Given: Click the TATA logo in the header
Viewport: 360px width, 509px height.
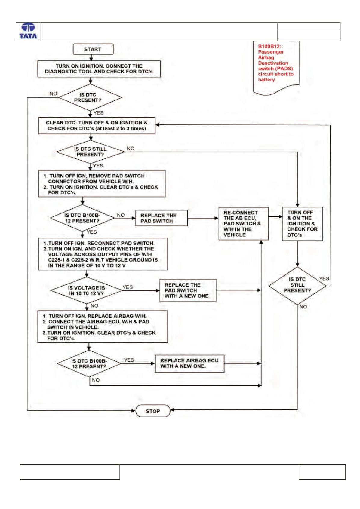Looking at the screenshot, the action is (x=28, y=31).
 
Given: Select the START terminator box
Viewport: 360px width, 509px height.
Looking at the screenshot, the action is (x=93, y=49).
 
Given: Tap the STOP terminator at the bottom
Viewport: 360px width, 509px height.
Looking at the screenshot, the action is (x=153, y=411).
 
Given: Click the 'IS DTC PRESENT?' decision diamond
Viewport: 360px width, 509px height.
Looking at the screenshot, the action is (x=90, y=97).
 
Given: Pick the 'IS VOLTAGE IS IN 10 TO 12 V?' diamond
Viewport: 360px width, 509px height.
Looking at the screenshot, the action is (x=86, y=290).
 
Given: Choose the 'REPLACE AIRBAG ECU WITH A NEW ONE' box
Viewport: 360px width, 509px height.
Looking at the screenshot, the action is (x=189, y=363).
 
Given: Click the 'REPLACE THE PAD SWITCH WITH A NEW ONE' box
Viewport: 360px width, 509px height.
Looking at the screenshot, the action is (x=188, y=290).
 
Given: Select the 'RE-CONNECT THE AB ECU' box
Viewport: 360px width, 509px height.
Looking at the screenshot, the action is (x=243, y=224).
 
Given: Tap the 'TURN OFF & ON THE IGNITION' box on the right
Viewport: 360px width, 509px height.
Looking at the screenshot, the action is (x=302, y=224).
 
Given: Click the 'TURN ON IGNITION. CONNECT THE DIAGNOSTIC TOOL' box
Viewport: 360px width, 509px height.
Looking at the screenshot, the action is (x=99, y=69).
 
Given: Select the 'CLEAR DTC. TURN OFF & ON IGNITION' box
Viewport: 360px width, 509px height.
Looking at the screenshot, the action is (x=97, y=126).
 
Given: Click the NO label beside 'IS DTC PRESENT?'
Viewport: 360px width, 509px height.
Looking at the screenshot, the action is (x=54, y=94).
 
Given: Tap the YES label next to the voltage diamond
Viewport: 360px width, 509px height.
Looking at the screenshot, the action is (x=128, y=287).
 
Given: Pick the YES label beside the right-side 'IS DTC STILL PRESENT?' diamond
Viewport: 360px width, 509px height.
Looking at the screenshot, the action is (x=324, y=279).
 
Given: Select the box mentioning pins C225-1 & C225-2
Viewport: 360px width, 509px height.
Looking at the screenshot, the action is (x=103, y=254).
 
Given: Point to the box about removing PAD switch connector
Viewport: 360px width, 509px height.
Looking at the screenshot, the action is (x=102, y=184).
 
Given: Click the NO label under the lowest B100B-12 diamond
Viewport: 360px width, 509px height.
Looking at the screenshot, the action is (x=96, y=380).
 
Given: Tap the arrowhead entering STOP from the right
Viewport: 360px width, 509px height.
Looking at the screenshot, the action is (x=172, y=410).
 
